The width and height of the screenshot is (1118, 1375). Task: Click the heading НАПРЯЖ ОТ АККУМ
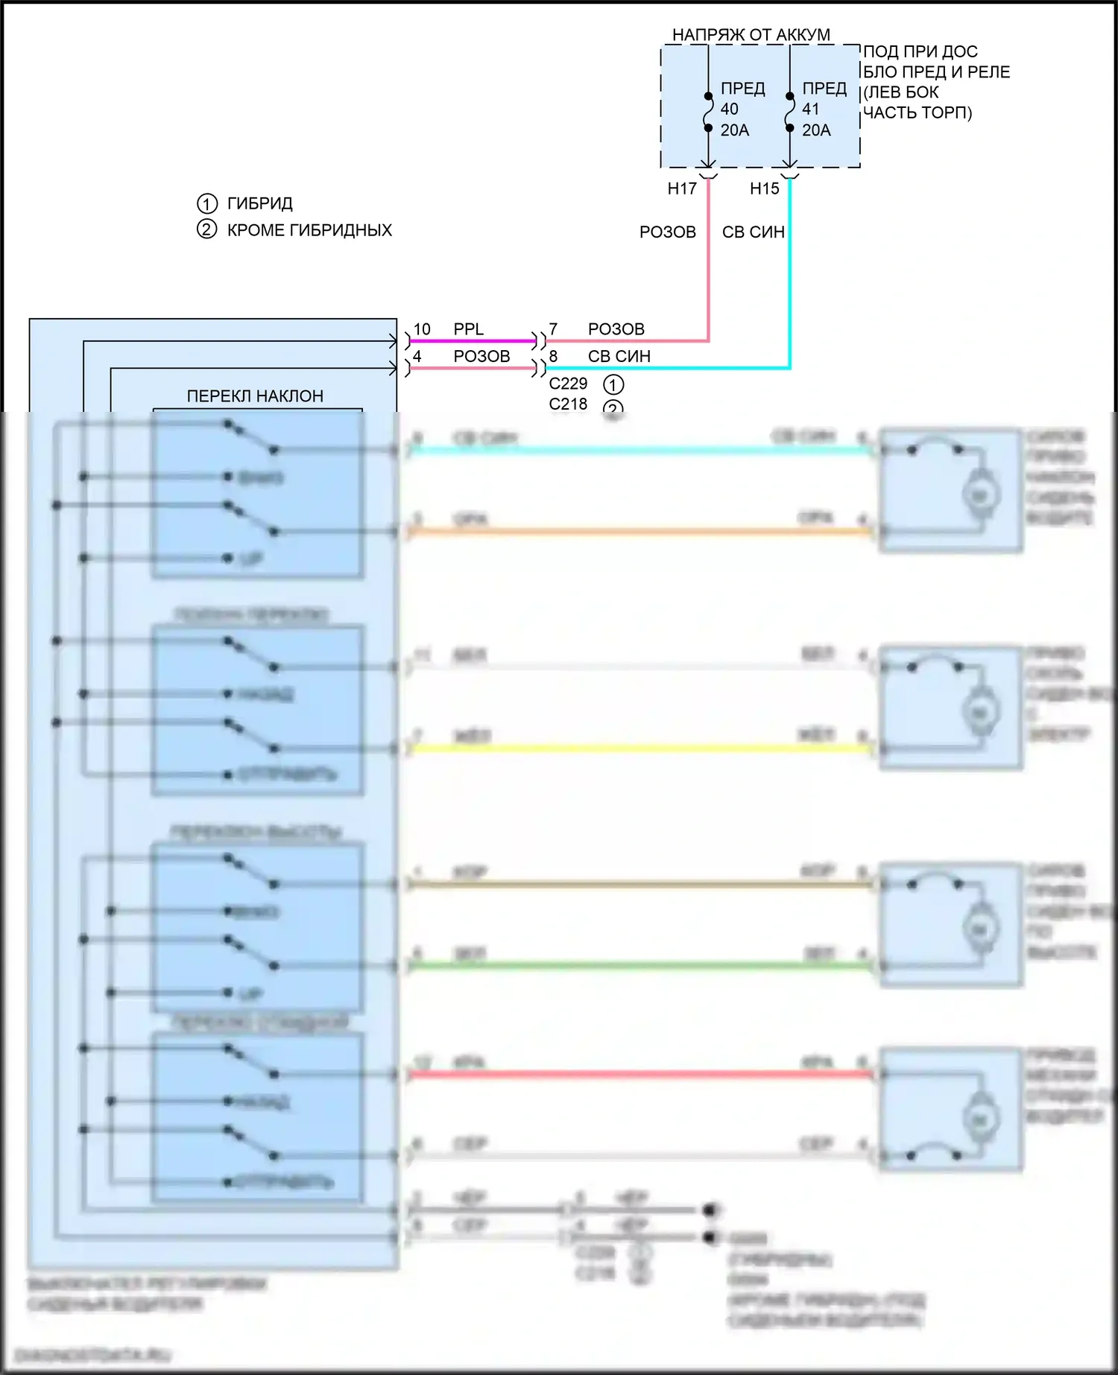coord(751,35)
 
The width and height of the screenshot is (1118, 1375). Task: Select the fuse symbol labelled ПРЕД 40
coord(708,112)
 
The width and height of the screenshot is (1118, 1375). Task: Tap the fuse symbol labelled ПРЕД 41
coord(790,112)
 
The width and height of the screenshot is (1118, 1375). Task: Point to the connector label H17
coord(682,189)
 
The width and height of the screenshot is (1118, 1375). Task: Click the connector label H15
coord(764,189)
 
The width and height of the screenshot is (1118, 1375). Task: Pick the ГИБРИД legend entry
coord(259,203)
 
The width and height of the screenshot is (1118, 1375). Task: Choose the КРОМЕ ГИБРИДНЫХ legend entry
coord(309,230)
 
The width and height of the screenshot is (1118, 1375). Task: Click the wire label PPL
coord(468,329)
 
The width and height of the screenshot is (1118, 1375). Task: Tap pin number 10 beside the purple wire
coord(422,329)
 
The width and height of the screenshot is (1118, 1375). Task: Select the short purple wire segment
coord(472,341)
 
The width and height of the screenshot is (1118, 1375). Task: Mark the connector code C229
coord(568,384)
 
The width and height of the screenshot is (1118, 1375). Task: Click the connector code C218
coord(568,404)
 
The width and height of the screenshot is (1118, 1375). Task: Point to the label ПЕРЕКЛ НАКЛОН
coord(255,396)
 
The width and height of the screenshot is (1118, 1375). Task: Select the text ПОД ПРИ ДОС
coord(920,52)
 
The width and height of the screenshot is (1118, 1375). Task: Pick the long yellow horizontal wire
coord(641,748)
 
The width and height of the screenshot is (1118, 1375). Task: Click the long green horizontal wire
coord(641,966)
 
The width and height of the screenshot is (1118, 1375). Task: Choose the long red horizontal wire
coord(641,1074)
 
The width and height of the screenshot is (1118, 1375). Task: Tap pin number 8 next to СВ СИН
coord(553,357)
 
